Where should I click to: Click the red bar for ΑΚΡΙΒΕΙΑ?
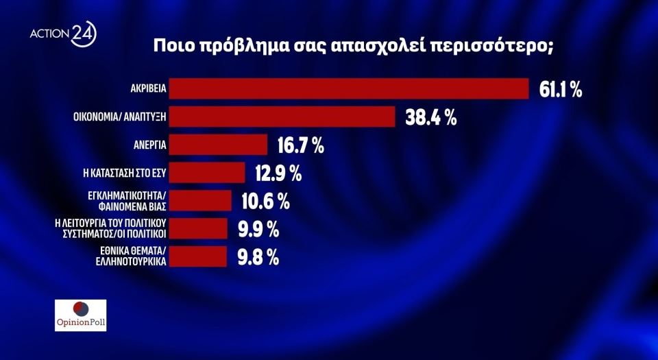(x=348, y=89)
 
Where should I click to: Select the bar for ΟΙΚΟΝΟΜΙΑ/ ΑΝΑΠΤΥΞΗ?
(x=282, y=117)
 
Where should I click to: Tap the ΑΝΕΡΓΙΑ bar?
(x=218, y=145)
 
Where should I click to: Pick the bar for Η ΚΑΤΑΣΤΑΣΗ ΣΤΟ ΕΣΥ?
(x=207, y=173)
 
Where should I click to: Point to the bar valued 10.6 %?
(x=200, y=201)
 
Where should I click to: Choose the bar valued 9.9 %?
(x=198, y=228)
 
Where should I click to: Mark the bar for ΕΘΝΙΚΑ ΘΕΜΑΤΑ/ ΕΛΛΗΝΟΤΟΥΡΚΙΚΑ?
(x=198, y=256)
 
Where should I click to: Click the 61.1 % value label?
(x=560, y=90)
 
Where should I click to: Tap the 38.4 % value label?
(x=429, y=118)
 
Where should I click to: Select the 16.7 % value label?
(x=301, y=146)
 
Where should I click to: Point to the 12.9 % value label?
(x=278, y=173)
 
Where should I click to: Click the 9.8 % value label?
(x=258, y=257)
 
